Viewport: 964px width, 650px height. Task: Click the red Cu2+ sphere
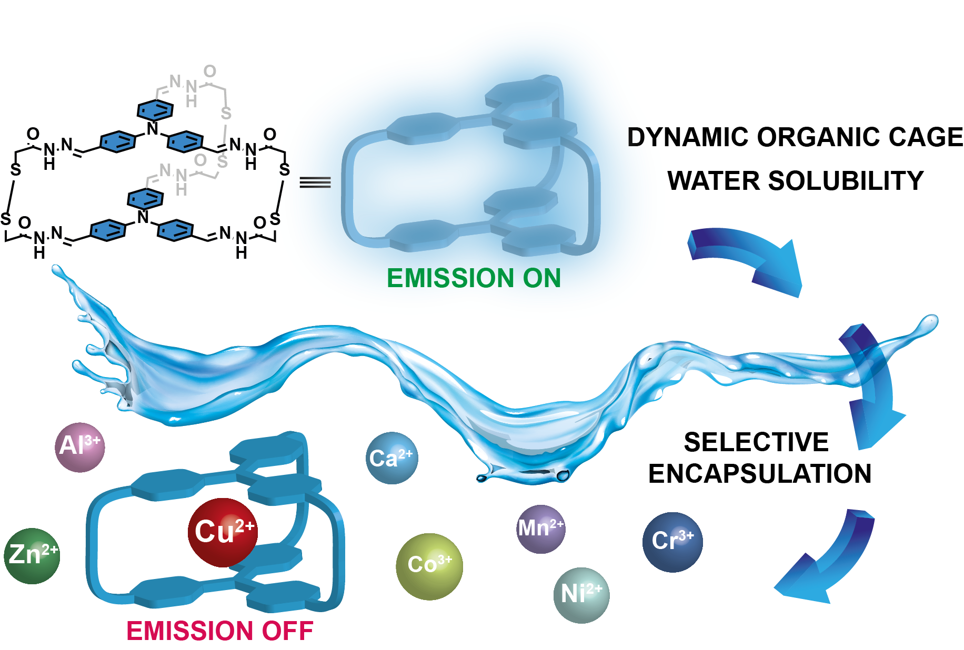223,532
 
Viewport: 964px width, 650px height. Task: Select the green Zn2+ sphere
32,555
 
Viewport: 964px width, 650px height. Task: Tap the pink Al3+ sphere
80,447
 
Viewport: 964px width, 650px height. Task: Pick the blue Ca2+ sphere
391,458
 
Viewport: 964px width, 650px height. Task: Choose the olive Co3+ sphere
429,566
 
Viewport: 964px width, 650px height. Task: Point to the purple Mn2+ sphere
541,529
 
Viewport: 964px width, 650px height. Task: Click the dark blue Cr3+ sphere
672,542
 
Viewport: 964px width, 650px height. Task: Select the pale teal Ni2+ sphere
581,595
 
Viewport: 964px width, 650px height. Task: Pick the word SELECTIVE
756,442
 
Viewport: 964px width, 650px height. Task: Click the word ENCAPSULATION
759,473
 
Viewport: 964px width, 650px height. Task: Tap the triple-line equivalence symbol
315,182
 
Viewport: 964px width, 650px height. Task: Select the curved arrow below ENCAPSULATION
826,563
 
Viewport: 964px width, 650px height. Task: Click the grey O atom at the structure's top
210,71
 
